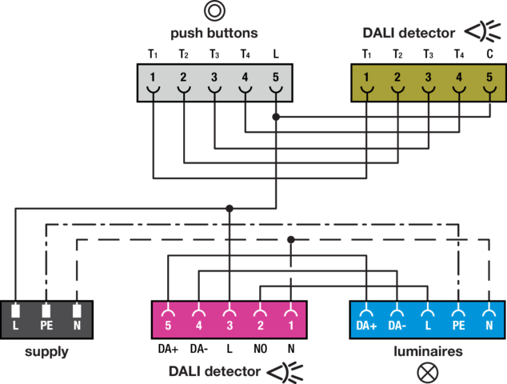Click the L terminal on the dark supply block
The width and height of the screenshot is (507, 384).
[15, 318]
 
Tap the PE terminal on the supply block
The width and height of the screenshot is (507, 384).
[46, 318]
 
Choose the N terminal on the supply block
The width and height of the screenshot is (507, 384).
[77, 318]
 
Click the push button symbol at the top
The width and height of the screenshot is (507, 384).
[214, 11]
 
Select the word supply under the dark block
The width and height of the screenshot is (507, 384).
[46, 352]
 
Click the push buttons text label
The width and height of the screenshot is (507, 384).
[214, 34]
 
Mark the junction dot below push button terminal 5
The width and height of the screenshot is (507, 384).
[276, 117]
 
